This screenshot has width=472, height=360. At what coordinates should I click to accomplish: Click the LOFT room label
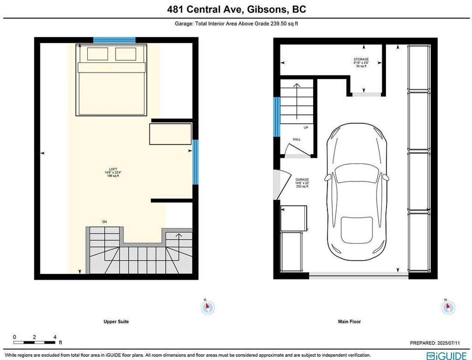(x=113, y=169)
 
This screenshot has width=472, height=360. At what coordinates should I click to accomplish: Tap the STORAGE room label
(x=361, y=59)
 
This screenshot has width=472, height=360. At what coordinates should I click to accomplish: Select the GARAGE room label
(x=302, y=179)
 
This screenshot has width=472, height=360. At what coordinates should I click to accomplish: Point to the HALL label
(x=296, y=139)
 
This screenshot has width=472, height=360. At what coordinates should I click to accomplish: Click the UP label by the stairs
(x=306, y=128)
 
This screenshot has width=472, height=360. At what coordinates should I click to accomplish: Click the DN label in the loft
(x=104, y=222)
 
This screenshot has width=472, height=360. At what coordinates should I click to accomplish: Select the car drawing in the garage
(x=357, y=191)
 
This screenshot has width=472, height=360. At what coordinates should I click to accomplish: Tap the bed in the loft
(x=111, y=80)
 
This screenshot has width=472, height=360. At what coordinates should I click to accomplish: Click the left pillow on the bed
(x=97, y=54)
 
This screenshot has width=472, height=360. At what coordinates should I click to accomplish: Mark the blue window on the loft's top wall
(x=114, y=40)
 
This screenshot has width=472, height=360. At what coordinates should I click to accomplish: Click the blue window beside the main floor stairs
(x=277, y=117)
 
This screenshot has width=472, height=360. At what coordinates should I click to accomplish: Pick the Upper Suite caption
(x=116, y=322)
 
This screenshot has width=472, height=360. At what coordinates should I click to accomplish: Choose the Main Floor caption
(x=349, y=322)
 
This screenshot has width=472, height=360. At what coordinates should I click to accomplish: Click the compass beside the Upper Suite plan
(x=208, y=307)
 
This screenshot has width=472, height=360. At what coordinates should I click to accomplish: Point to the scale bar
(x=34, y=342)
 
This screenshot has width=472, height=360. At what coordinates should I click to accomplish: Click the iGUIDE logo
(x=447, y=356)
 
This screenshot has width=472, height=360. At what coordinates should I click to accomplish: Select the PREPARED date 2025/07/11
(x=448, y=343)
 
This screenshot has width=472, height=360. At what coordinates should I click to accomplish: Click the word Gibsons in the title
(x=268, y=10)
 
